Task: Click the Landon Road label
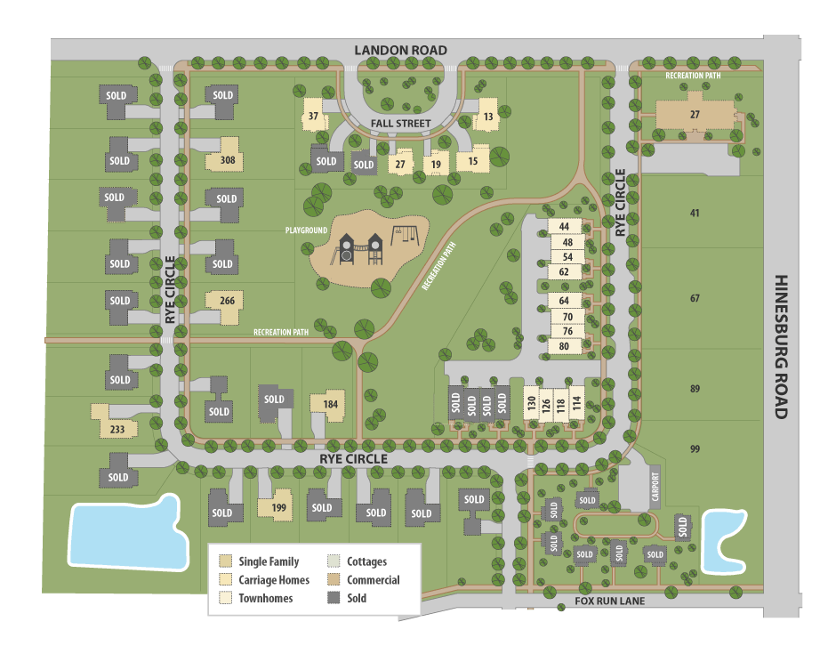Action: pos(400,50)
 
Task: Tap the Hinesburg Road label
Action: pos(782,346)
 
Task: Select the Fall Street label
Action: pos(402,124)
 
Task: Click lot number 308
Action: pos(228,161)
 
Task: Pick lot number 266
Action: pos(228,301)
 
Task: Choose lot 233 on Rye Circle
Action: pos(117,429)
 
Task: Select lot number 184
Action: pos(331,405)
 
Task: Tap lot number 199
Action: pos(278,508)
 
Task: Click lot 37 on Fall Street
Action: pos(313,117)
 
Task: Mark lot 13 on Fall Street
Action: pos(488,117)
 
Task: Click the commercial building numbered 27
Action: pos(695,115)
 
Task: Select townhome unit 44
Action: pos(565,228)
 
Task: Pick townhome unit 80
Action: pos(565,346)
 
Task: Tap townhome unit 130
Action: pos(532,404)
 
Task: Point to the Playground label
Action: pos(306,230)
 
